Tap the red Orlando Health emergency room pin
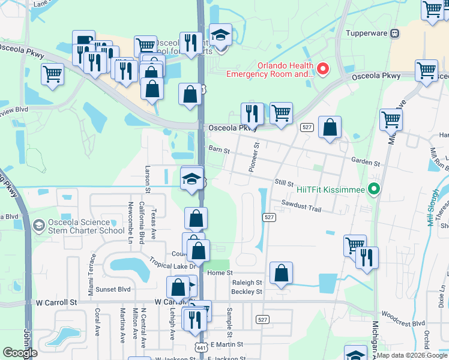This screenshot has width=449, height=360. click(x=322, y=69)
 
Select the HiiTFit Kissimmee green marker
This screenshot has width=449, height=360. click(x=375, y=190)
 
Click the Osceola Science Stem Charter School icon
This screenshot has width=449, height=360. click(x=39, y=226)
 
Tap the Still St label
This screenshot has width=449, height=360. click(x=284, y=182)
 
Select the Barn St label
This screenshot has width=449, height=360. click(x=219, y=149)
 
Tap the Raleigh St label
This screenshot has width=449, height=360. click(x=247, y=282)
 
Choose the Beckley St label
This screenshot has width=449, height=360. click(x=247, y=292)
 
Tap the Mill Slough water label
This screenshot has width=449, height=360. click(x=433, y=208)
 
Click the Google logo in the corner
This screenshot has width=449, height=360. click(x=20, y=353)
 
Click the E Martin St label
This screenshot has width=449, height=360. click(x=224, y=344)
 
